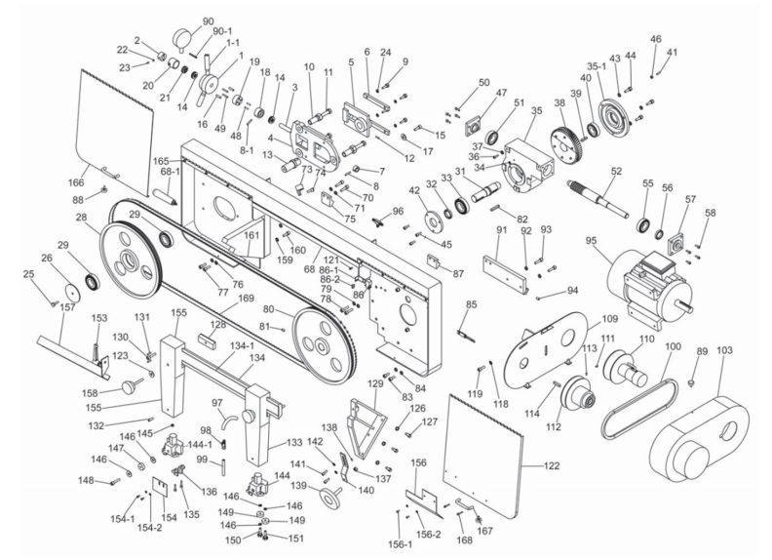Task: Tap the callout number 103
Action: coord(724,348)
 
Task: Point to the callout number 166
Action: coord(76,181)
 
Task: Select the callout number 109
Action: coord(609,319)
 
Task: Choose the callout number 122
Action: coord(552,466)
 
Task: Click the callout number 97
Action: coord(216,403)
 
